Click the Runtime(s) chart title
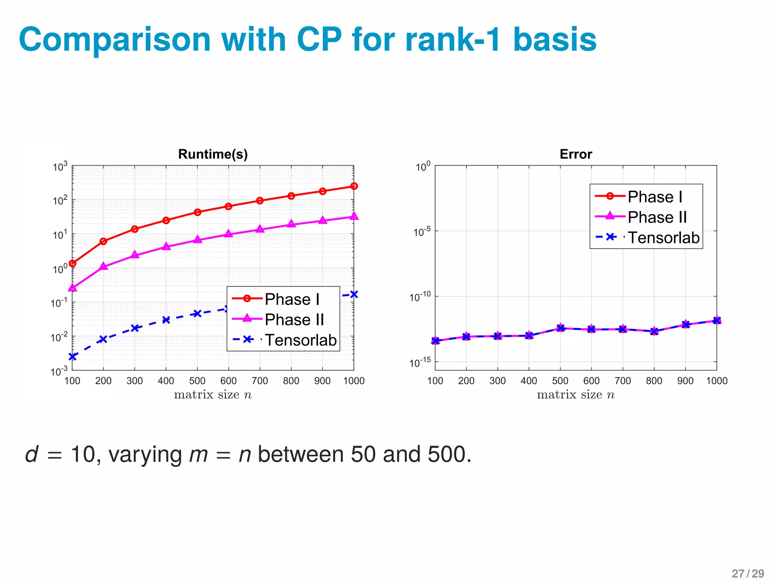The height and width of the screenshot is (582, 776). coord(213,154)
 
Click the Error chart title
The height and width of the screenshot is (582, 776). coord(576,154)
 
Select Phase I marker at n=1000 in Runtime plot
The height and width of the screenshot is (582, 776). coord(354,186)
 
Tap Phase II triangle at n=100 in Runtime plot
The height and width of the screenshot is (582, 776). coord(72,288)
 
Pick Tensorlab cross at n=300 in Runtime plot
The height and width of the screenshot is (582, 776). coord(135,328)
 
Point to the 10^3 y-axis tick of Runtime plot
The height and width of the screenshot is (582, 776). coord(59,167)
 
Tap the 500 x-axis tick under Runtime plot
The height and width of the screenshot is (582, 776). coord(197,381)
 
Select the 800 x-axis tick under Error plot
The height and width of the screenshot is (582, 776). coord(654,381)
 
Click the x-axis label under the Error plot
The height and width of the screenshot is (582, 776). coord(576,395)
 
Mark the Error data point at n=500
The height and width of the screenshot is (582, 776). coord(560,328)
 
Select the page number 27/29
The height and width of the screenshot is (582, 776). coord(748,573)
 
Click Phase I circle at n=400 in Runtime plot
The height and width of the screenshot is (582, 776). coord(166,220)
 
